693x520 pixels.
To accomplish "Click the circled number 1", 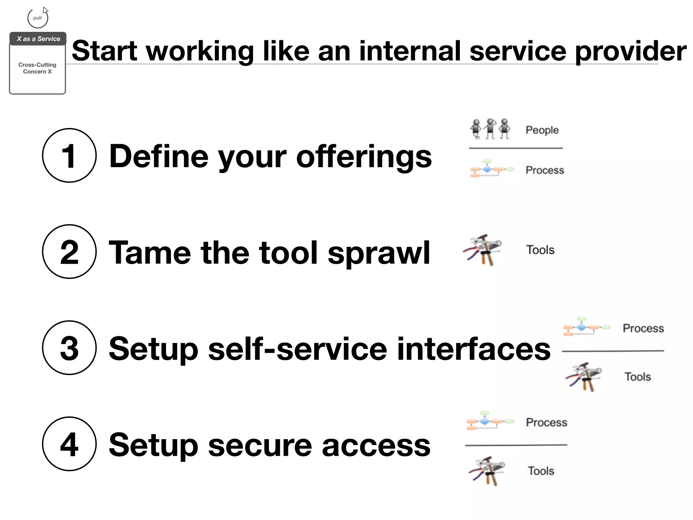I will pos(69,155).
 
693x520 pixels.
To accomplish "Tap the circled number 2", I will pos(69,252).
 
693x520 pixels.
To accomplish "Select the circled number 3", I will pos(69,348).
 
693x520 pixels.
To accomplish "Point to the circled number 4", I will pos(69,444).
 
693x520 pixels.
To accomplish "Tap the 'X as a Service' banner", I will pos(38,39).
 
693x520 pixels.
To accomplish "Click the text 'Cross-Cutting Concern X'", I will pos(37,68).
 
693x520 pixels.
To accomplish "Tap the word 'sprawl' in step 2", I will pos(379,253).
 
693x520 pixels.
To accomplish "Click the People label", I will pos(542,130).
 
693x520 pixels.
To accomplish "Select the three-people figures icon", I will pos(490,129).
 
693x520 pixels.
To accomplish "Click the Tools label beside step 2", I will pos(540,250).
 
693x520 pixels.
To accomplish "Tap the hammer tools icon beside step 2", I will pos(483,250).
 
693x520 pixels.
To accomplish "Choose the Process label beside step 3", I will pos(643,328).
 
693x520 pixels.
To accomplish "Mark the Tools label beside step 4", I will pos(541,471).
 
